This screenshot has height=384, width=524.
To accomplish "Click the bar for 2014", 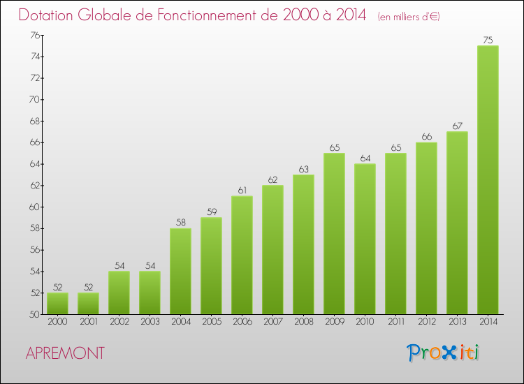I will pos(488,179).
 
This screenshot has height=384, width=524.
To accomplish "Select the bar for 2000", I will pos(57,303).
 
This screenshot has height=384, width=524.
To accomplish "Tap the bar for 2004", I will pos(180,271).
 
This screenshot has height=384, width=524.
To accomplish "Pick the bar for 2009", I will pos(334,233).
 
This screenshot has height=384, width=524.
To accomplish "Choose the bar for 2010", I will pos(365,239).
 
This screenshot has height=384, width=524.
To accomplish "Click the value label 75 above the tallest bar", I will pos(488,40).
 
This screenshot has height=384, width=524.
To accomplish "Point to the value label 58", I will pos(180,223).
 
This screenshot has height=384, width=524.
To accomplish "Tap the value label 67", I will pos(457,126).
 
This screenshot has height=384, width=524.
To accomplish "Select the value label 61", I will pos(242,191).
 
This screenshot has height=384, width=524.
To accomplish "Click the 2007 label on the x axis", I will pos(272,322).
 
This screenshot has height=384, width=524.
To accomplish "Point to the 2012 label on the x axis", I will pos(426,322).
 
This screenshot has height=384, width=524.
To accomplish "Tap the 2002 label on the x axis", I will pos(119,322).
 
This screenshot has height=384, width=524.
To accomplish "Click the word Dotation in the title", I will pos(48,15).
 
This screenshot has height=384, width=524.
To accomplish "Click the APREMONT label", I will pos(65,353).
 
